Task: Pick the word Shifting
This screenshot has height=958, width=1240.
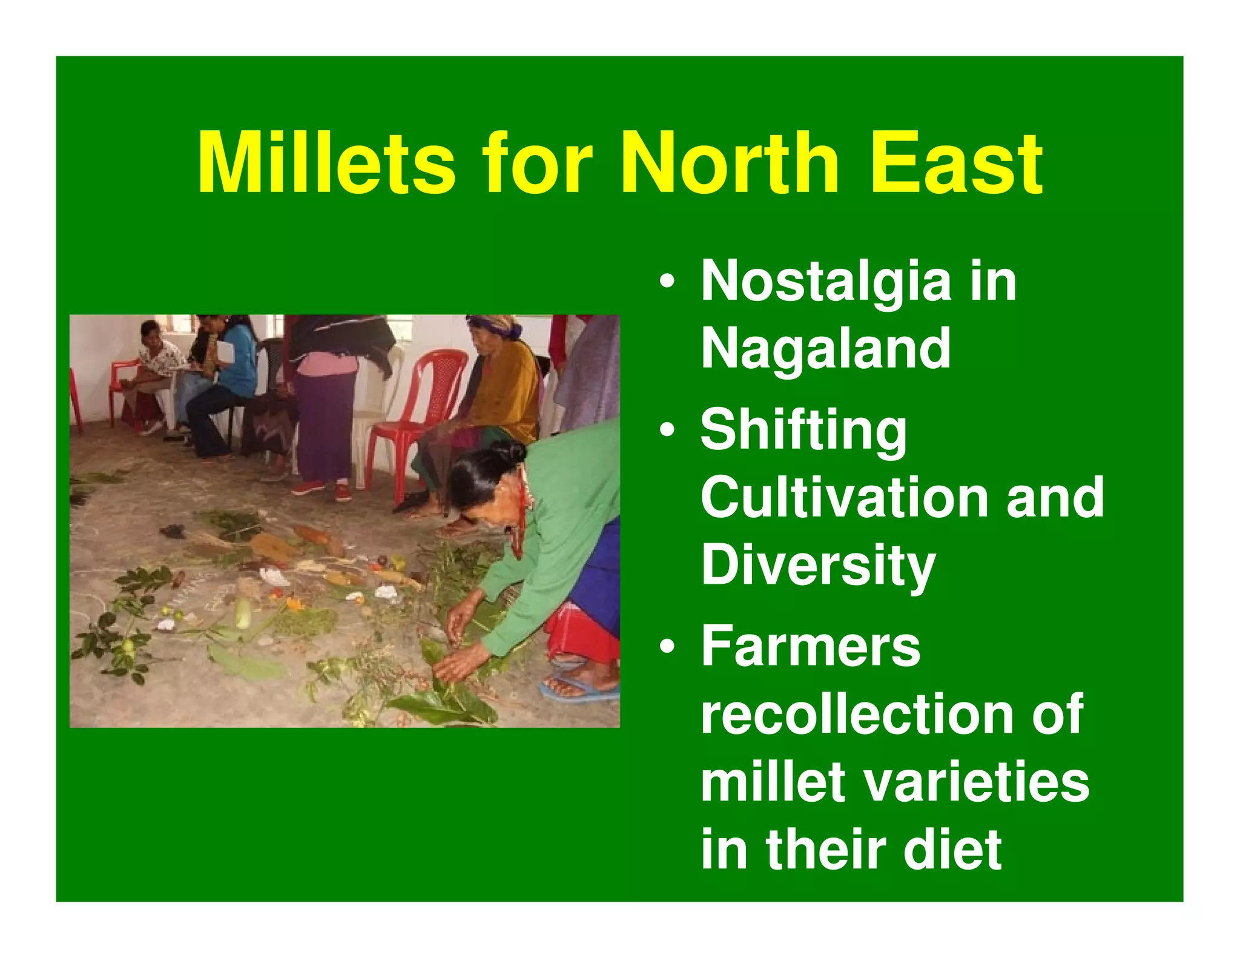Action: [803, 432]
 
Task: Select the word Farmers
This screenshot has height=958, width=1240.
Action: [810, 647]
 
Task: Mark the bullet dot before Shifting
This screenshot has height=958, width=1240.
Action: [667, 431]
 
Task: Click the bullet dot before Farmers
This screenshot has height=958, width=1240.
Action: [667, 646]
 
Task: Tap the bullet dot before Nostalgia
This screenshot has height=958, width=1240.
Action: [667, 282]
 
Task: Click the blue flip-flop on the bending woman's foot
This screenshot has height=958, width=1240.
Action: [578, 690]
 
